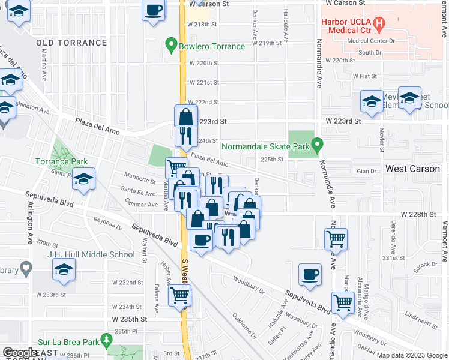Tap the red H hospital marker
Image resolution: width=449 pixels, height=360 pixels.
point(379,25)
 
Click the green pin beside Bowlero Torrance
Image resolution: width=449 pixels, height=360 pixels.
point(171,46)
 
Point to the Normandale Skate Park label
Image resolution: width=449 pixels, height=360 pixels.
point(265,146)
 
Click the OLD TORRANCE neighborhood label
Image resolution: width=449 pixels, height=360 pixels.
point(71,43)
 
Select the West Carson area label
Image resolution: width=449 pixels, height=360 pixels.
point(412,169)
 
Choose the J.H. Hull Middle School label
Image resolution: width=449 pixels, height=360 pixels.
point(91,254)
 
